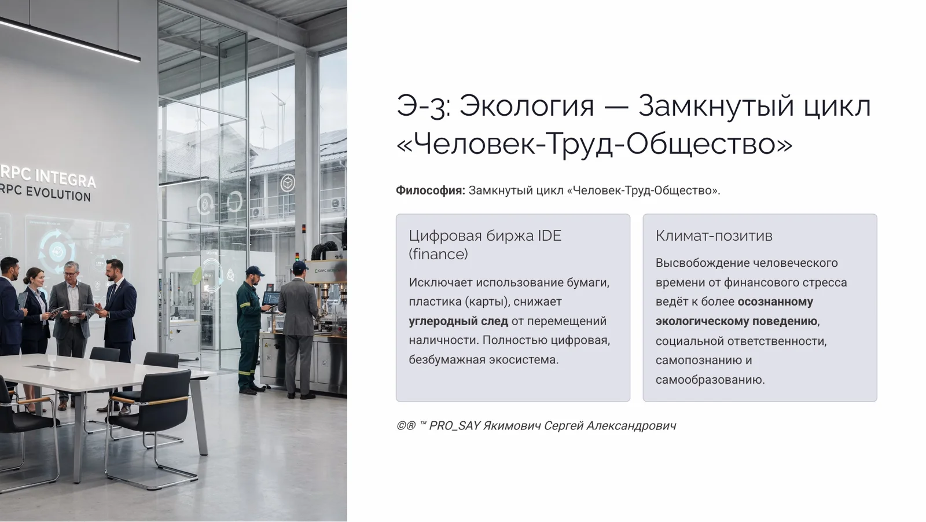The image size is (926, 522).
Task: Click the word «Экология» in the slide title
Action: click(527, 106)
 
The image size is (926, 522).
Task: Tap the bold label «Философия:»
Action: click(430, 190)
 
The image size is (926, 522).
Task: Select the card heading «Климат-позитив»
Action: click(714, 236)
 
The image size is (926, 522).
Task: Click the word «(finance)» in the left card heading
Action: click(438, 254)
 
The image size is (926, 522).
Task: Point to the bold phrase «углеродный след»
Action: click(458, 321)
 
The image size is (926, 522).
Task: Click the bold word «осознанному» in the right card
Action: click(775, 302)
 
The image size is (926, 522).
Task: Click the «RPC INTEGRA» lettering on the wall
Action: click(49, 176)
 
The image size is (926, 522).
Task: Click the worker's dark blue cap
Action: click(254, 271)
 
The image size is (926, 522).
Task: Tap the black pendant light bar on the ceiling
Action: click(69, 38)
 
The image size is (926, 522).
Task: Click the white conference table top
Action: click(87, 373)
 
